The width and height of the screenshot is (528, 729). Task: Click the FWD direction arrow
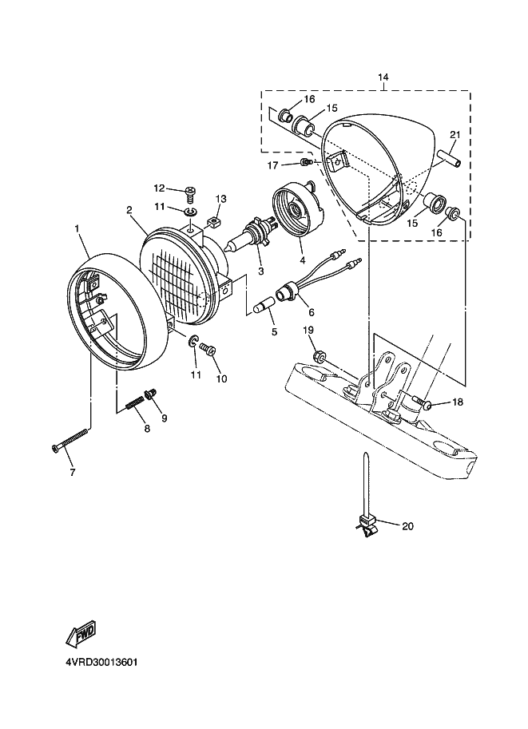(x=82, y=634)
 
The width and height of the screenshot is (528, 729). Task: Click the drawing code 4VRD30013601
(x=102, y=662)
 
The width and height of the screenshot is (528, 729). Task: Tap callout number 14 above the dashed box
(x=383, y=77)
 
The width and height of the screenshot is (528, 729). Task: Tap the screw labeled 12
(x=190, y=193)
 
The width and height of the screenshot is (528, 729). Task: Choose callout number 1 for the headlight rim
(x=77, y=228)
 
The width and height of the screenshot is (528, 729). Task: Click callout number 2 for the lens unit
(x=129, y=210)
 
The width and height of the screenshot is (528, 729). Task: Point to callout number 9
(x=165, y=418)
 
